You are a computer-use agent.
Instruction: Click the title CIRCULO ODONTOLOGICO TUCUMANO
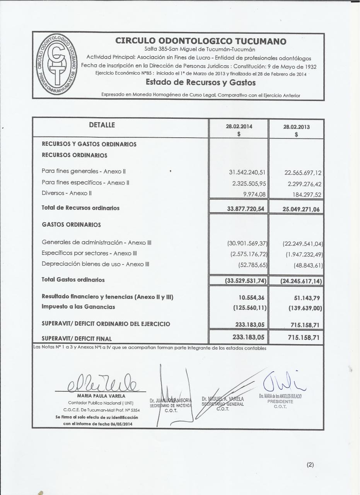tap(201, 41)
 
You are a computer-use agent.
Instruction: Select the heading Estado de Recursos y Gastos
tap(201, 82)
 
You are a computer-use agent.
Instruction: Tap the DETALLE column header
tap(102, 125)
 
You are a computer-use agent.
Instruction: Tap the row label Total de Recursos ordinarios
tap(80, 208)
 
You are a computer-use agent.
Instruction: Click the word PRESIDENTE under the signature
tap(280, 401)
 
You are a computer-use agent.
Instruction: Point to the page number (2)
tap(310, 465)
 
